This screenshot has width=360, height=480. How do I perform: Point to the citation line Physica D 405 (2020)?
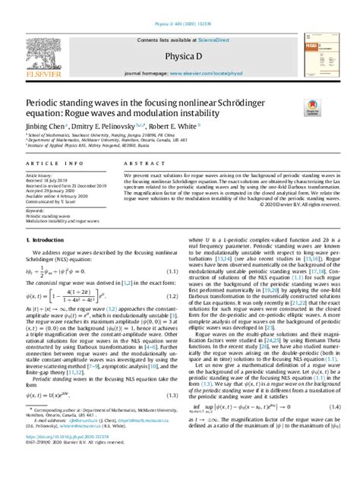point(179,5)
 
